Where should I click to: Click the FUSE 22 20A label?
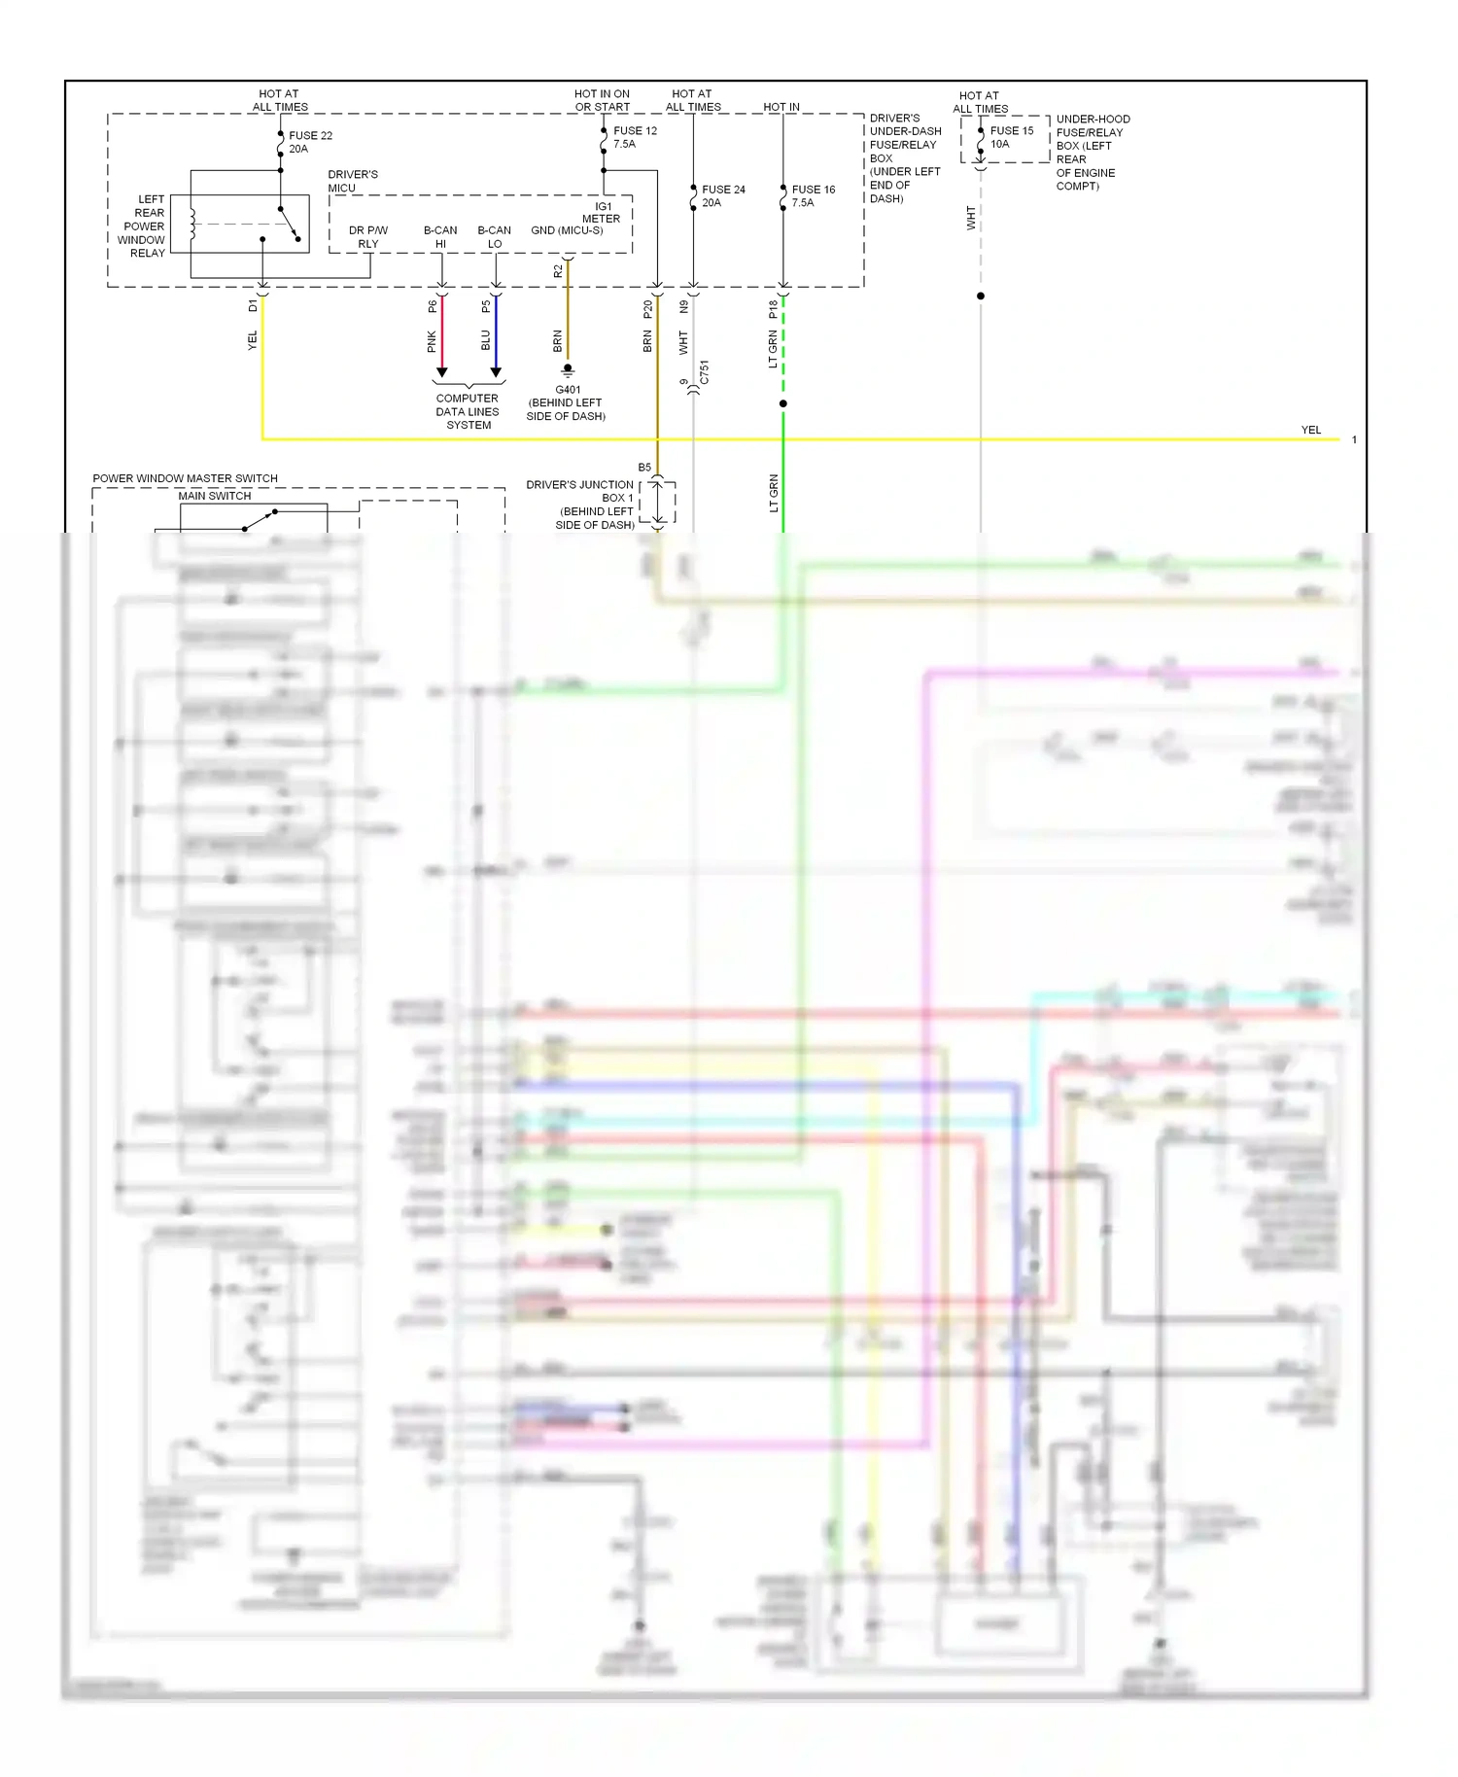(x=310, y=142)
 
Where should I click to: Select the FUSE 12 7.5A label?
(x=635, y=137)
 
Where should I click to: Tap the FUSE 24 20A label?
(x=723, y=196)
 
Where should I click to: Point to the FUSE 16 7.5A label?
(x=813, y=196)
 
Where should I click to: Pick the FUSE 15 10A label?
(x=1011, y=137)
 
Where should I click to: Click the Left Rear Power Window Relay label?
(x=143, y=226)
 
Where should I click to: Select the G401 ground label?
(x=567, y=402)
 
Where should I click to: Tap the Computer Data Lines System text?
(x=468, y=412)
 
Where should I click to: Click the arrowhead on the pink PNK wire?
(x=441, y=372)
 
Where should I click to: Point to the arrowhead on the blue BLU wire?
(x=496, y=372)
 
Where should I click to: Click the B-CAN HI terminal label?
(x=440, y=237)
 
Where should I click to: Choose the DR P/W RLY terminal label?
(x=368, y=237)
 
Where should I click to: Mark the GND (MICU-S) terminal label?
(x=567, y=230)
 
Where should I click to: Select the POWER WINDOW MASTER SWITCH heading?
(x=185, y=478)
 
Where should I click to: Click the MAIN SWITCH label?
(x=214, y=496)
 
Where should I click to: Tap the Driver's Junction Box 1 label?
(x=581, y=505)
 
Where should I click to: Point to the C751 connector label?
(x=704, y=372)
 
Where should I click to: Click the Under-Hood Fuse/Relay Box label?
(x=1093, y=153)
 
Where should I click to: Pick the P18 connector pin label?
(x=774, y=309)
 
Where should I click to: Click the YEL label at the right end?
(x=1310, y=430)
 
